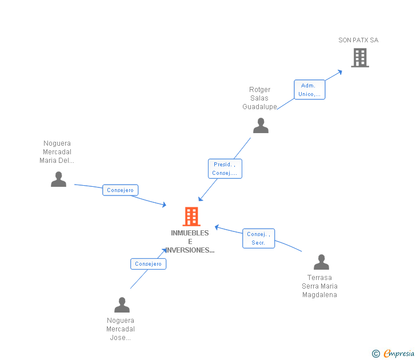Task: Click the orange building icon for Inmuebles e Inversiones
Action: point(191,217)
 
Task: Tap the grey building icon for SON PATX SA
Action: point(359,58)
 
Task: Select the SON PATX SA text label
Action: point(358,41)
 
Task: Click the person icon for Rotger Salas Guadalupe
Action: point(261,126)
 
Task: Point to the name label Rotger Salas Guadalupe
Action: point(259,98)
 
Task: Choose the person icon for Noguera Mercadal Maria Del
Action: point(58,179)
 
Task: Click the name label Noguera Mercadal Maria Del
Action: point(57,152)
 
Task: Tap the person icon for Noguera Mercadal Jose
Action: point(122,305)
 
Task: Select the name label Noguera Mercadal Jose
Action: point(121,329)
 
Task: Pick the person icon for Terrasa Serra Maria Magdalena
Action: point(321,262)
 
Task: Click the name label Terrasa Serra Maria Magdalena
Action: point(319,286)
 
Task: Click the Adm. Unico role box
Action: point(310,90)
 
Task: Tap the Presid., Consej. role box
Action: point(225,169)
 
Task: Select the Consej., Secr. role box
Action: point(259,238)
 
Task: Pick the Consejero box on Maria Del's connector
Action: point(120,190)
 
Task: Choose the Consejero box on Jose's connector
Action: point(149,264)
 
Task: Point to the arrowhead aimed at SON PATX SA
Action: point(340,71)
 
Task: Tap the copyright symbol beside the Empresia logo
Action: point(376,354)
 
